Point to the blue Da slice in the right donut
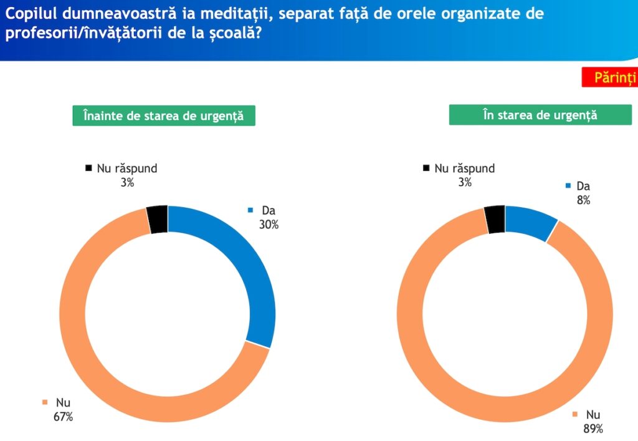[x=530, y=222]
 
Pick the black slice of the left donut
[x=158, y=219]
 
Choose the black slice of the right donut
[x=495, y=219]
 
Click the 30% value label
[x=269, y=225]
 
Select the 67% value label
[x=64, y=417]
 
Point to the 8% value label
[x=583, y=200]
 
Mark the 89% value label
[x=593, y=429]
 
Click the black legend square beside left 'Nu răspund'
[x=88, y=168]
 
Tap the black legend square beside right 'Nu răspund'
[x=426, y=168]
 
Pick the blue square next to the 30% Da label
[x=250, y=210]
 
